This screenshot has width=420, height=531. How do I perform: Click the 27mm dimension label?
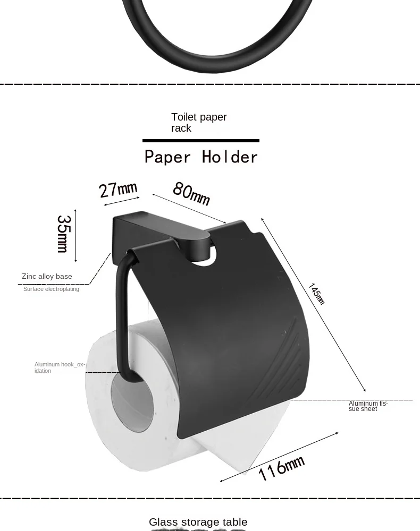tap(118, 189)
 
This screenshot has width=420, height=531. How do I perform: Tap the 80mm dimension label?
tap(191, 193)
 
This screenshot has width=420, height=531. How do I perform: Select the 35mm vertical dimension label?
tap(63, 234)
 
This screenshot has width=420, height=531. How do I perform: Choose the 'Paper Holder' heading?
tap(201, 157)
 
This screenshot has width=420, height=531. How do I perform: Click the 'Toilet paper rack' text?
tap(198, 122)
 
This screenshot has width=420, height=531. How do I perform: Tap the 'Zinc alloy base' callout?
tap(47, 276)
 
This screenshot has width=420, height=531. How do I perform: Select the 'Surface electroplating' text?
tap(51, 289)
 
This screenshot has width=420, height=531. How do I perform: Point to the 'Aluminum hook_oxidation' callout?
tap(59, 367)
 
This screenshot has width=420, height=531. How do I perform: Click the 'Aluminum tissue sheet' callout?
tap(368, 406)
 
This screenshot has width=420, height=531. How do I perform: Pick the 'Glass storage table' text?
tap(198, 522)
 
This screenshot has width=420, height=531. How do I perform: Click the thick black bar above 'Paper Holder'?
tap(201, 141)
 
